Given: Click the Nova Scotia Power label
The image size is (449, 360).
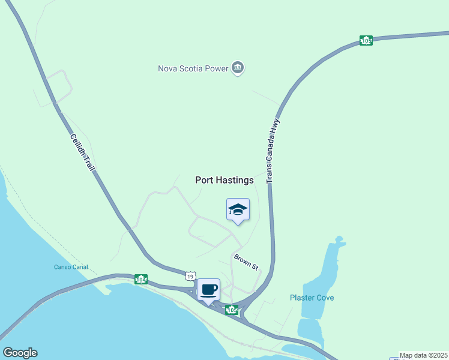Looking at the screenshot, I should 193,68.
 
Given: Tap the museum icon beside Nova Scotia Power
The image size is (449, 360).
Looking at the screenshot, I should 238,68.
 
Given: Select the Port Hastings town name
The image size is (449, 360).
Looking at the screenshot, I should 224,180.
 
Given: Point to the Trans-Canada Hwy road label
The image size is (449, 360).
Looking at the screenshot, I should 273,151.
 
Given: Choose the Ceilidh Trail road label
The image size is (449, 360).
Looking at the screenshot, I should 82,152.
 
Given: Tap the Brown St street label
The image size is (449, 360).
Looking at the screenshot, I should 246,262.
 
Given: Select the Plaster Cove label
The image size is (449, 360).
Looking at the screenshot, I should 312,298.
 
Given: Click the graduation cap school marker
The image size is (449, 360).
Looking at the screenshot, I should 238,209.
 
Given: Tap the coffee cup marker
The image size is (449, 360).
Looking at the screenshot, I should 208,290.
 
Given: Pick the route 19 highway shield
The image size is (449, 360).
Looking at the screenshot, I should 190,275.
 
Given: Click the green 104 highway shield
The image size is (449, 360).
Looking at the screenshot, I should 140,279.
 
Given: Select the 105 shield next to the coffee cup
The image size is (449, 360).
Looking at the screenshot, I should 232,310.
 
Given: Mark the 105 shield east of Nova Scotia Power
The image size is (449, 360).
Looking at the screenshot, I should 366,40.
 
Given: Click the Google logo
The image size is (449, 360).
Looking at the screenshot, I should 20,353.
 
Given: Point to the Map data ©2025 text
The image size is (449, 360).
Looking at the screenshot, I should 424,355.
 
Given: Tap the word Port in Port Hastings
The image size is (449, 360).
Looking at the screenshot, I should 205,180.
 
